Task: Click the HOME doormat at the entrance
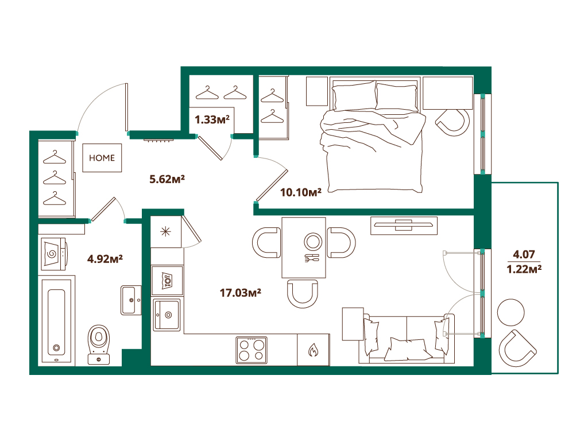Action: [102, 158]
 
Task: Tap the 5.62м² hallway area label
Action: [167, 179]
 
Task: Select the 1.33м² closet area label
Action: [212, 119]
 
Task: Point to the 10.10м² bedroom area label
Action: [301, 192]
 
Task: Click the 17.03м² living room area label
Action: [241, 292]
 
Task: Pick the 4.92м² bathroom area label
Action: [105, 259]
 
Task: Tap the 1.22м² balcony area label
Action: [524, 269]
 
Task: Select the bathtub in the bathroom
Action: [56, 320]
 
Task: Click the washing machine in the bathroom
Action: [53, 254]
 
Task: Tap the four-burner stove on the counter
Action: [252, 350]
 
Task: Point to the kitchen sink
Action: [167, 314]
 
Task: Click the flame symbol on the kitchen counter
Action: [313, 350]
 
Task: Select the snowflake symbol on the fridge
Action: [165, 232]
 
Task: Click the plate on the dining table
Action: [313, 242]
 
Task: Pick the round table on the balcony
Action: [510, 312]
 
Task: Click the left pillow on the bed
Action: [354, 96]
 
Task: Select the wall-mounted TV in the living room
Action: [404, 225]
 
